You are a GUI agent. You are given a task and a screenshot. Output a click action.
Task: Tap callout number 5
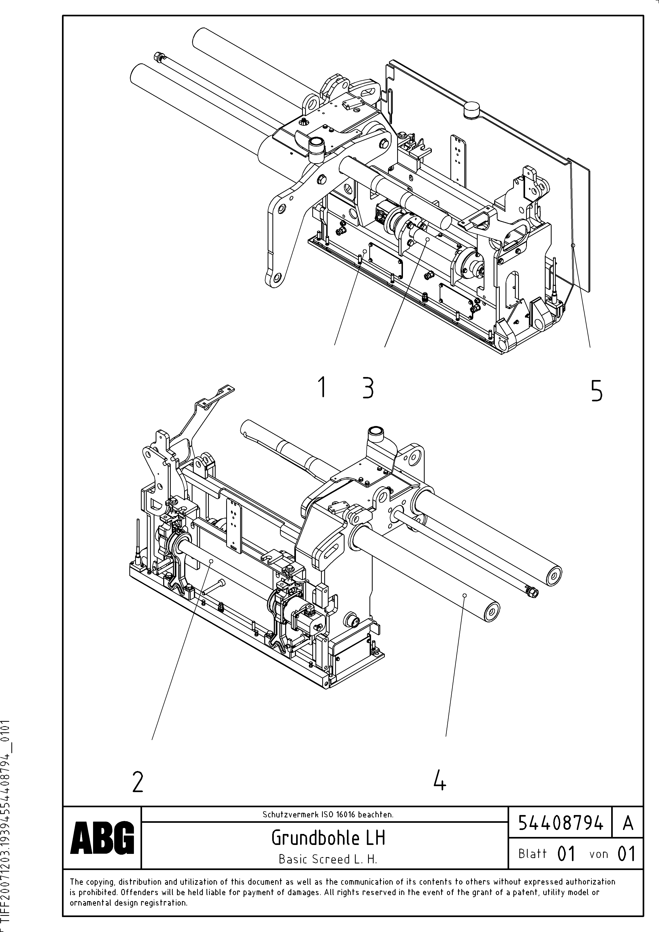coord(596,391)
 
